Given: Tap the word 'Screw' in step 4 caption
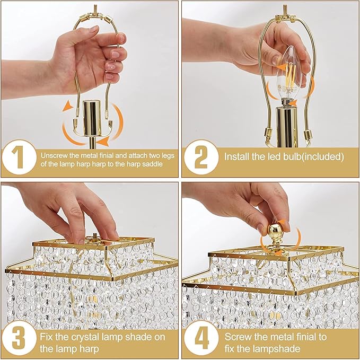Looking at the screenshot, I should [x=237, y=337].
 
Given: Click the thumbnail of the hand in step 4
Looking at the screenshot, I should [x=254, y=204].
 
